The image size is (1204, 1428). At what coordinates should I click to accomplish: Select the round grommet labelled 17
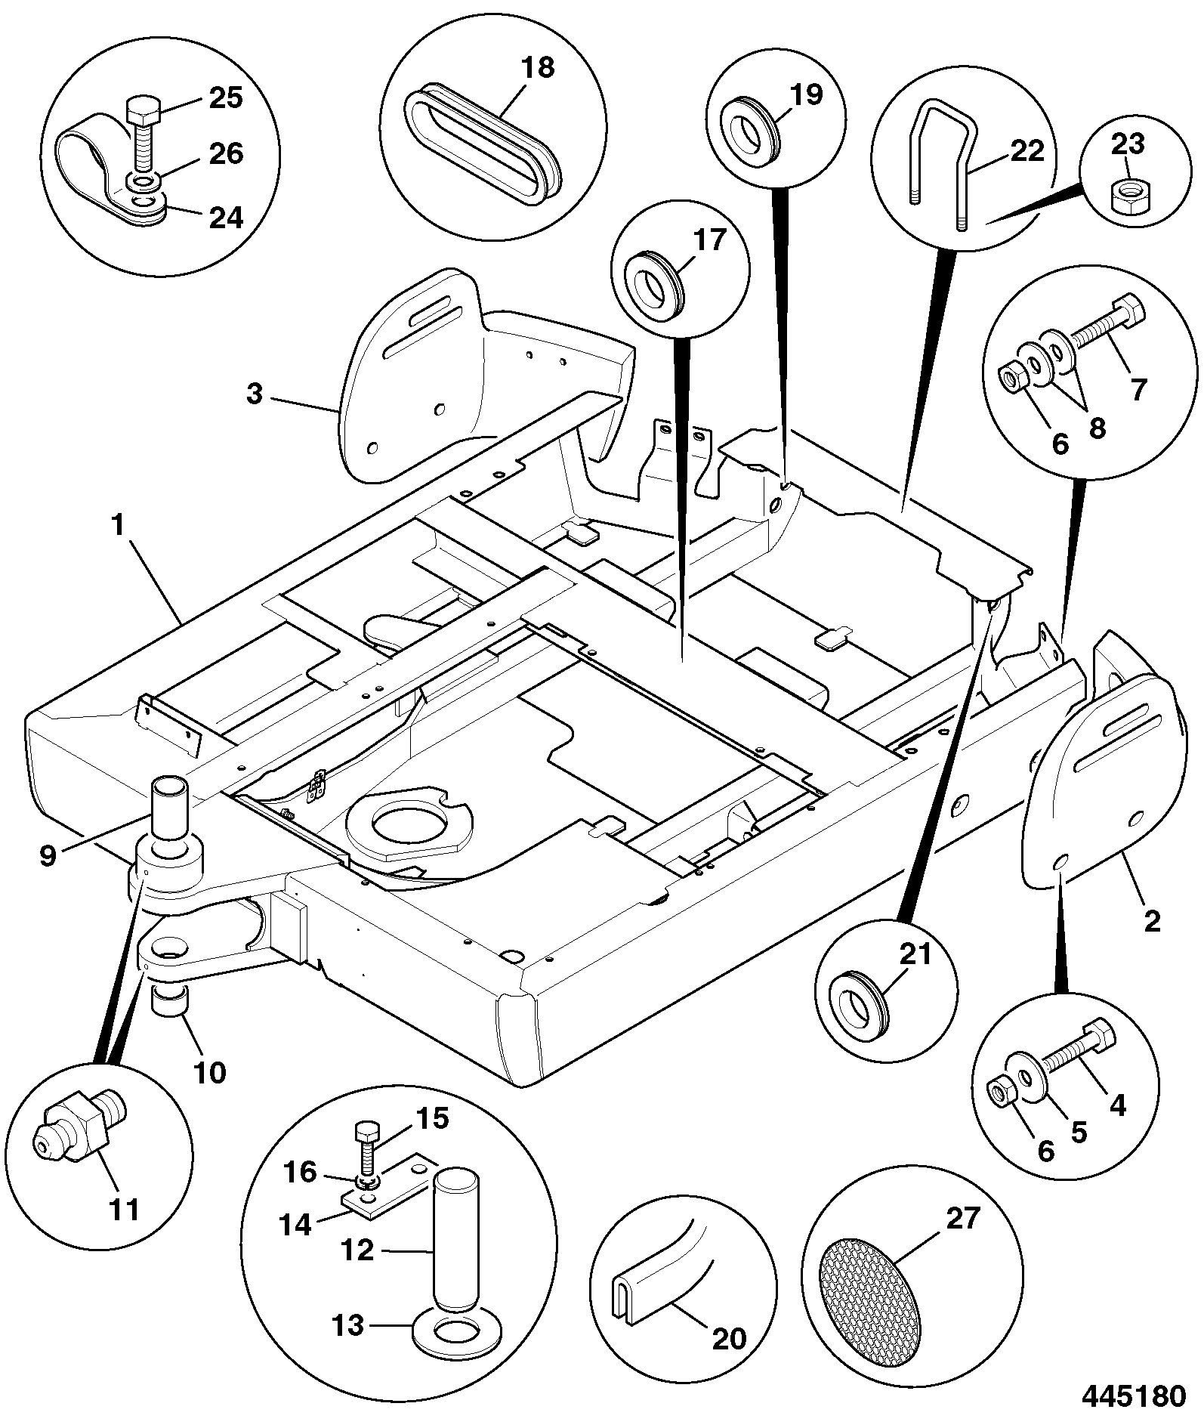click(656, 281)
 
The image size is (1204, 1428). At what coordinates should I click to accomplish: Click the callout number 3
click(255, 394)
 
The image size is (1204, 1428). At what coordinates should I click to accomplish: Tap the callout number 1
click(118, 526)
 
